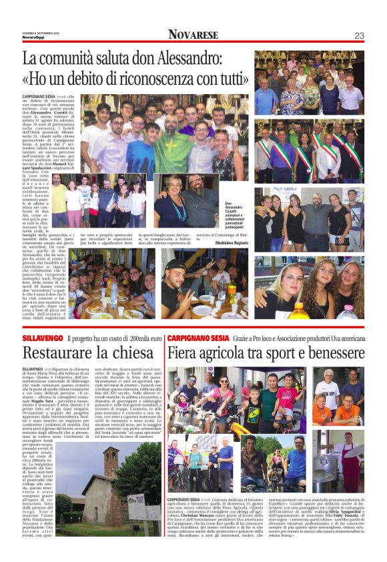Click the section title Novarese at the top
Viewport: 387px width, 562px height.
(193, 35)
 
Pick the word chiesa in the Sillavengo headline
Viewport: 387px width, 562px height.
(136, 352)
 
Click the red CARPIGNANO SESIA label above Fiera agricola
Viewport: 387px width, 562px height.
(195, 340)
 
